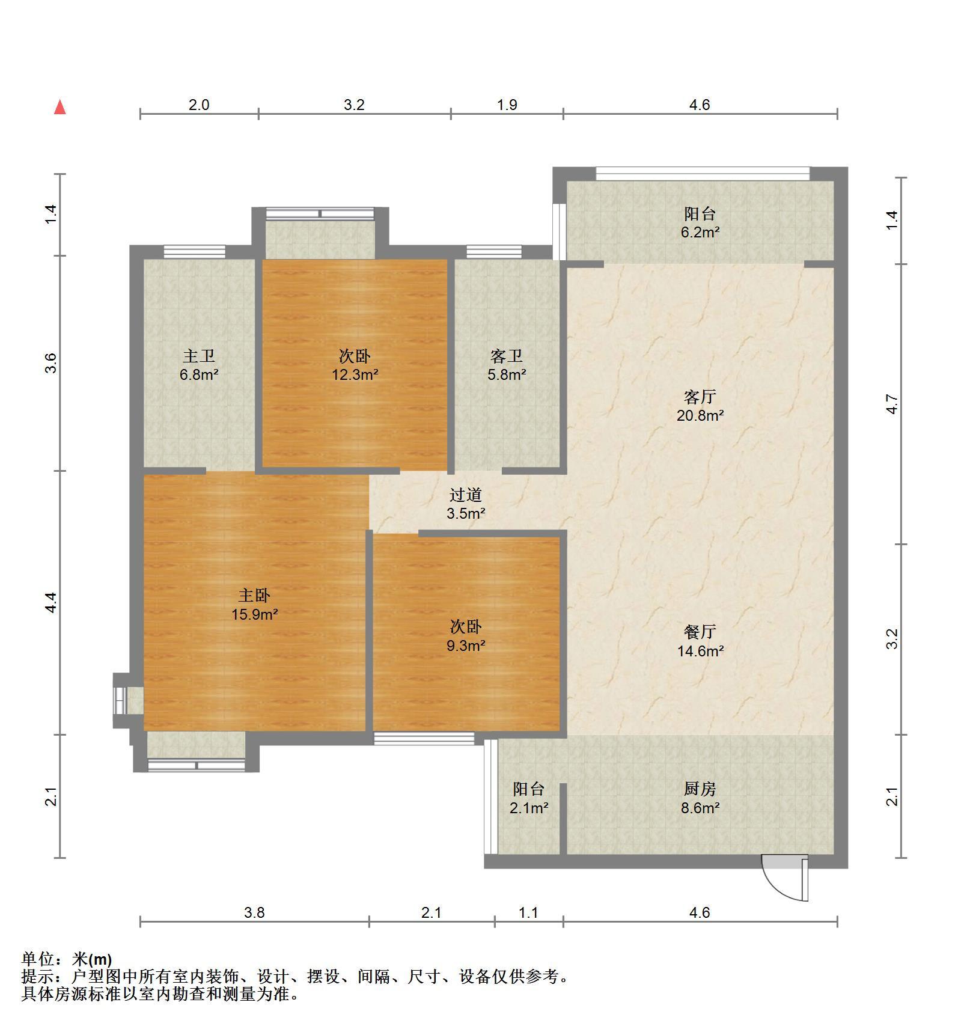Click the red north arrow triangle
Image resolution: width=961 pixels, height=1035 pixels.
pyautogui.click(x=59, y=108)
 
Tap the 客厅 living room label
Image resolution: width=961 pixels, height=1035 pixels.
pyautogui.click(x=700, y=397)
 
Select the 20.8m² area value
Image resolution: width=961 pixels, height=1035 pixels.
pyautogui.click(x=700, y=415)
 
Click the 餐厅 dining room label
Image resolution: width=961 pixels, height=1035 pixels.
pyautogui.click(x=700, y=632)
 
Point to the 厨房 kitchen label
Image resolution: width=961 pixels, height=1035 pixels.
pyautogui.click(x=700, y=789)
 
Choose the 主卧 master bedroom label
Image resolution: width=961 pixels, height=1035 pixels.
pyautogui.click(x=254, y=596)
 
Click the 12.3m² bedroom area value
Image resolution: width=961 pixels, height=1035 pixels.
pyautogui.click(x=355, y=375)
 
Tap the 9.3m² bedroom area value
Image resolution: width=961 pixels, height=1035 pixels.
pyautogui.click(x=466, y=646)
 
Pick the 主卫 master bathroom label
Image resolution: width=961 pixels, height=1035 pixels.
pyautogui.click(x=199, y=356)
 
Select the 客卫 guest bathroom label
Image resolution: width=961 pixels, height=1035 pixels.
pyautogui.click(x=507, y=356)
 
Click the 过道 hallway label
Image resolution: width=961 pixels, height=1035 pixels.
pyautogui.click(x=466, y=495)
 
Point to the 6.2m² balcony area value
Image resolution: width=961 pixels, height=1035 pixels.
pyautogui.click(x=700, y=233)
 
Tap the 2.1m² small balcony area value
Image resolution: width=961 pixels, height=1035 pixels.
pyautogui.click(x=529, y=808)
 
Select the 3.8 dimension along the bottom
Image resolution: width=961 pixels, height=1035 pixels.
pyautogui.click(x=254, y=912)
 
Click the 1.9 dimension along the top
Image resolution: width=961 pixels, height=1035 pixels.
pyautogui.click(x=507, y=105)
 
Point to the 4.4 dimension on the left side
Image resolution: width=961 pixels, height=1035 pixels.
pyautogui.click(x=51, y=602)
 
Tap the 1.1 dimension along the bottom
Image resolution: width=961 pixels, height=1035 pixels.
pyautogui.click(x=528, y=912)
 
